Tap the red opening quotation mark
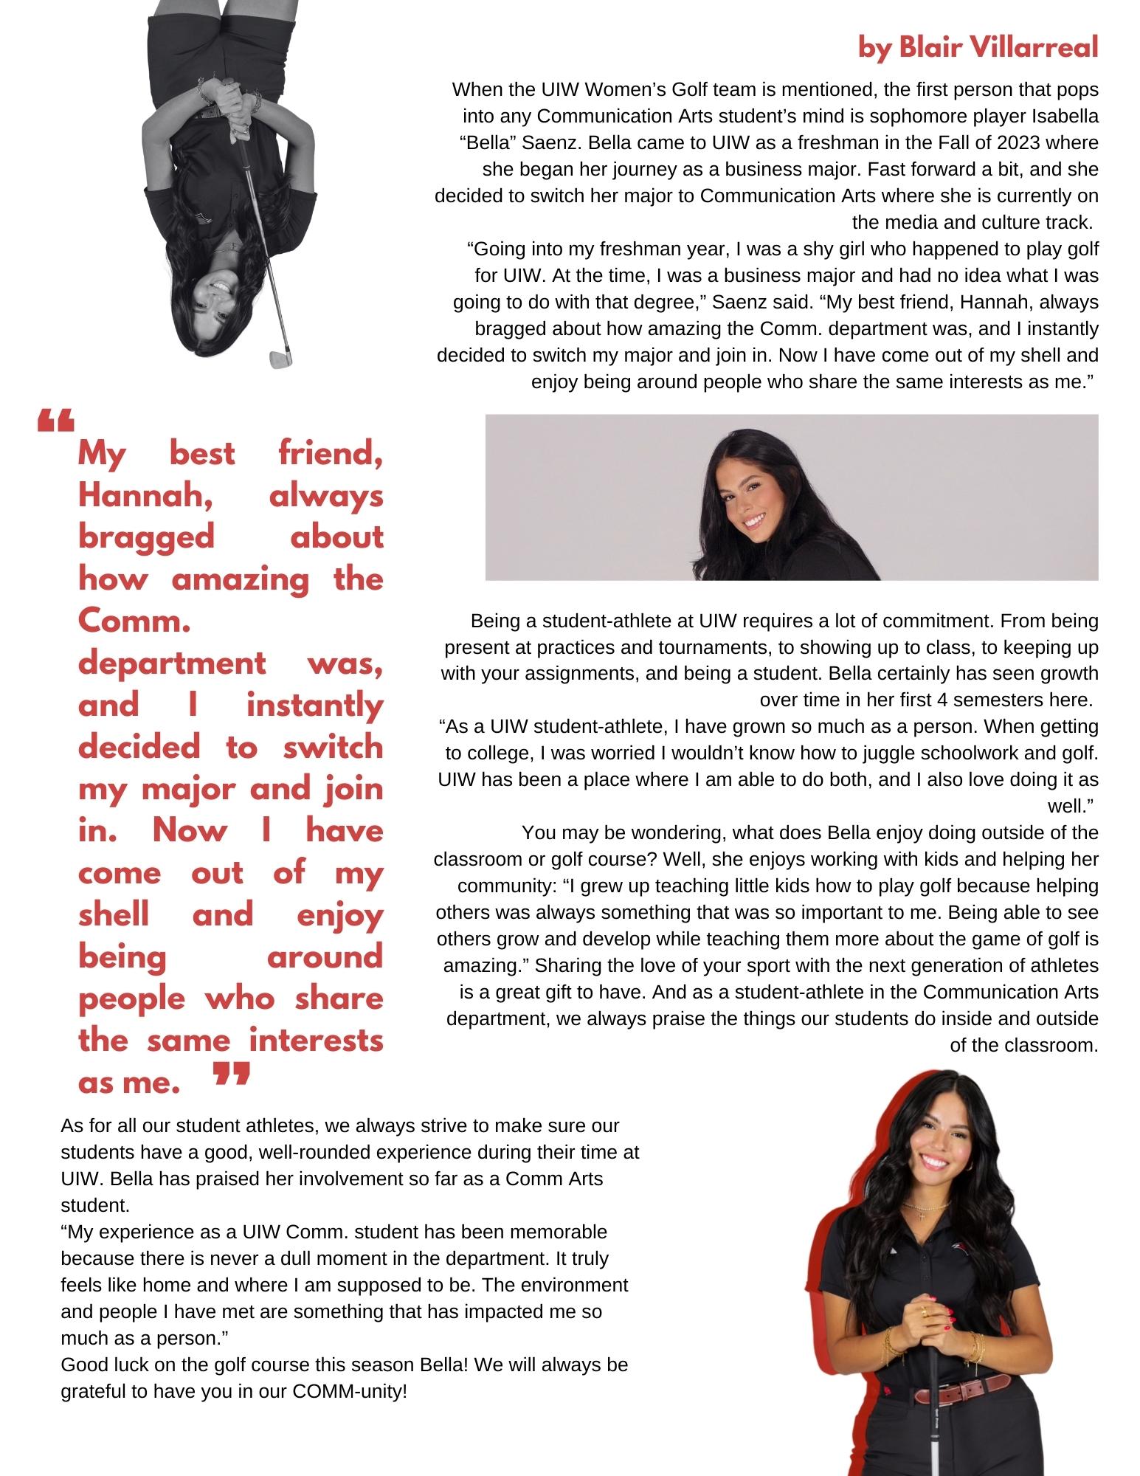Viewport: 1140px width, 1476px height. pos(55,421)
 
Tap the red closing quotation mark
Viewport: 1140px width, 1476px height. pos(232,1075)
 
